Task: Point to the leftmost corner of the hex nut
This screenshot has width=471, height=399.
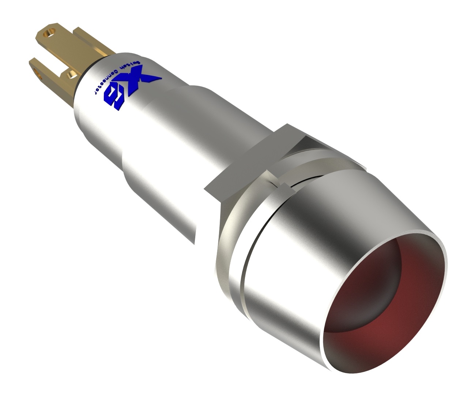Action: coord(205,189)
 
